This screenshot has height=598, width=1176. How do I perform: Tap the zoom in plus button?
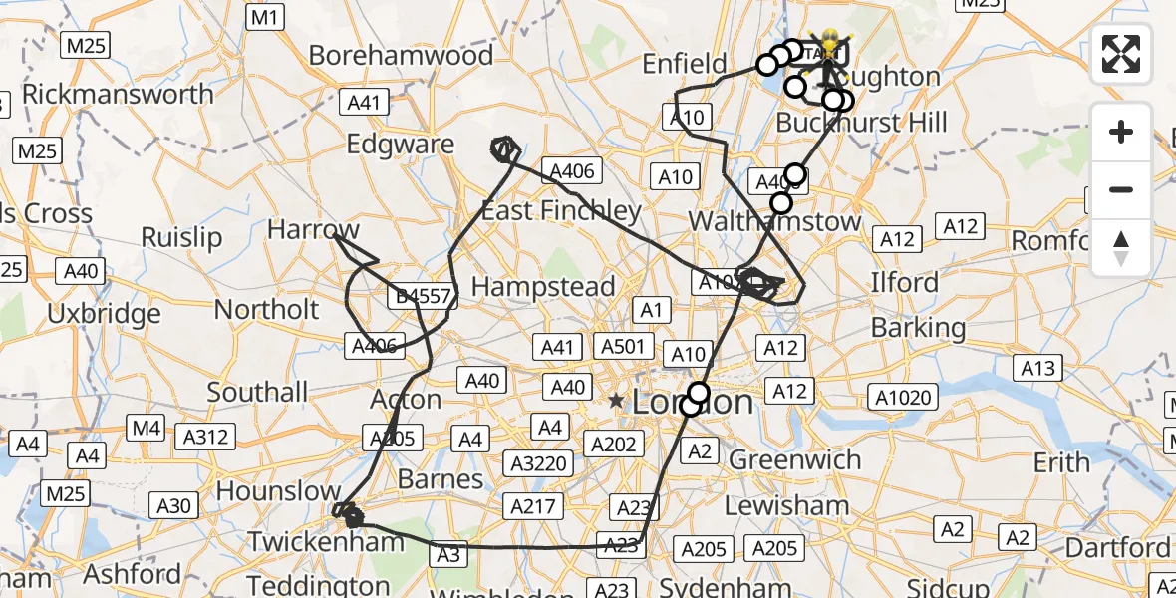[1121, 132]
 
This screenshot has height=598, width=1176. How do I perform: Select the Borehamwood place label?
[401, 55]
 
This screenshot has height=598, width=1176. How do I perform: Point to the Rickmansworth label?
[118, 95]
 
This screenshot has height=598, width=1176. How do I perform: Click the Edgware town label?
[400, 145]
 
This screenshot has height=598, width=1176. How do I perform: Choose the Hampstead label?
[542, 287]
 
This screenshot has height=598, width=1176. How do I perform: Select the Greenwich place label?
[794, 460]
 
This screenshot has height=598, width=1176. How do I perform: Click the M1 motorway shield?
[266, 17]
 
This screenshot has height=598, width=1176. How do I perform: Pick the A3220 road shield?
[537, 464]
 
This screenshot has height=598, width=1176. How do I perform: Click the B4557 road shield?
[423, 296]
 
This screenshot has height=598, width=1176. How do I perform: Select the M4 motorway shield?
[146, 429]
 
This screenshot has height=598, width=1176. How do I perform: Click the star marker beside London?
[616, 402]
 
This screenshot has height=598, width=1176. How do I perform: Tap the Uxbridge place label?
[104, 314]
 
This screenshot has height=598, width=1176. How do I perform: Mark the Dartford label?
[1116, 548]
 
